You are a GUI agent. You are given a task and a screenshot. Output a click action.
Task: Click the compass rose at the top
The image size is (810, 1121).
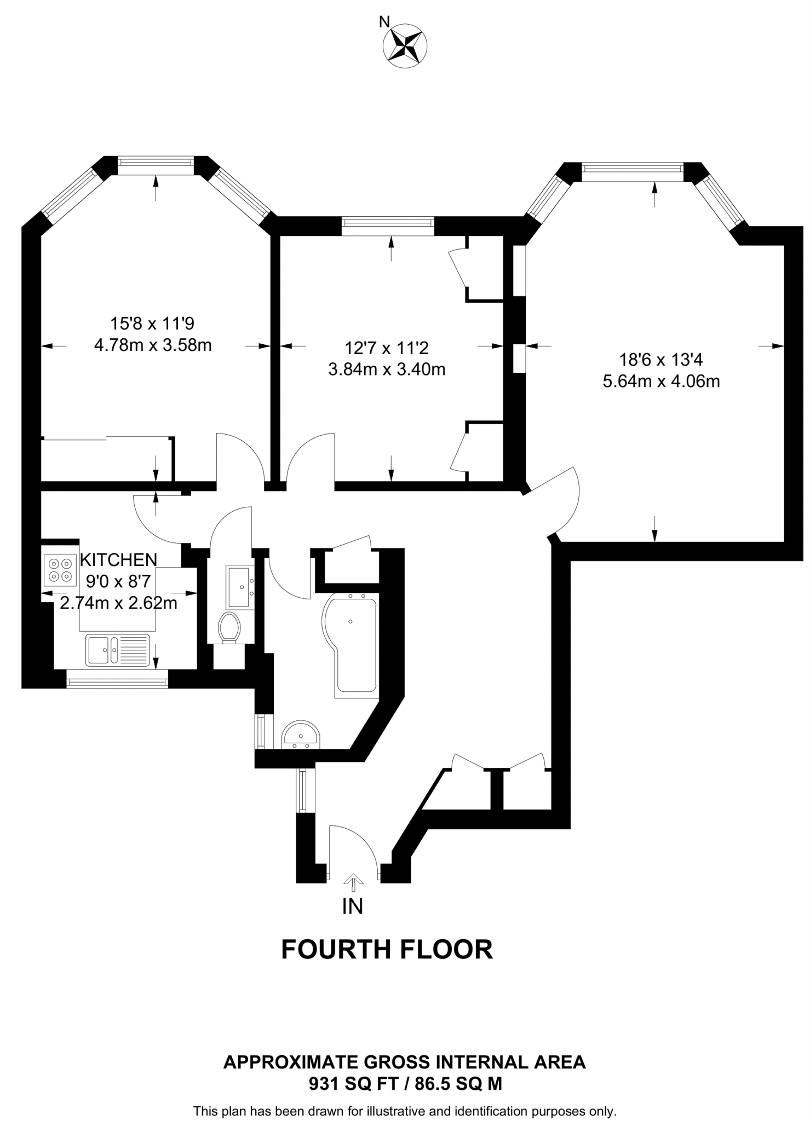[x=405, y=46]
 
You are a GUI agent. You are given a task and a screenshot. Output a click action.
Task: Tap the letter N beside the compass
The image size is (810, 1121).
[x=384, y=22]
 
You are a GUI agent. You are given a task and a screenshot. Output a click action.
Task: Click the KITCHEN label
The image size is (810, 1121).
[x=118, y=559]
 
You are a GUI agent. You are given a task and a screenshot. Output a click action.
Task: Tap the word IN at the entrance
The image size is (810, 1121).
[x=353, y=906]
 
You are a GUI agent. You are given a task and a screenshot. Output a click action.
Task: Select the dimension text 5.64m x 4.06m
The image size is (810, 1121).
[x=661, y=381]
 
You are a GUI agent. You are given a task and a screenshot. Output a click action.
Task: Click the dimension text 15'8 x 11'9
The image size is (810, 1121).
[x=152, y=323]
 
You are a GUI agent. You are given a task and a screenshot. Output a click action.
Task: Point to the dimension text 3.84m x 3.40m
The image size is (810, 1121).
[x=387, y=369]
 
